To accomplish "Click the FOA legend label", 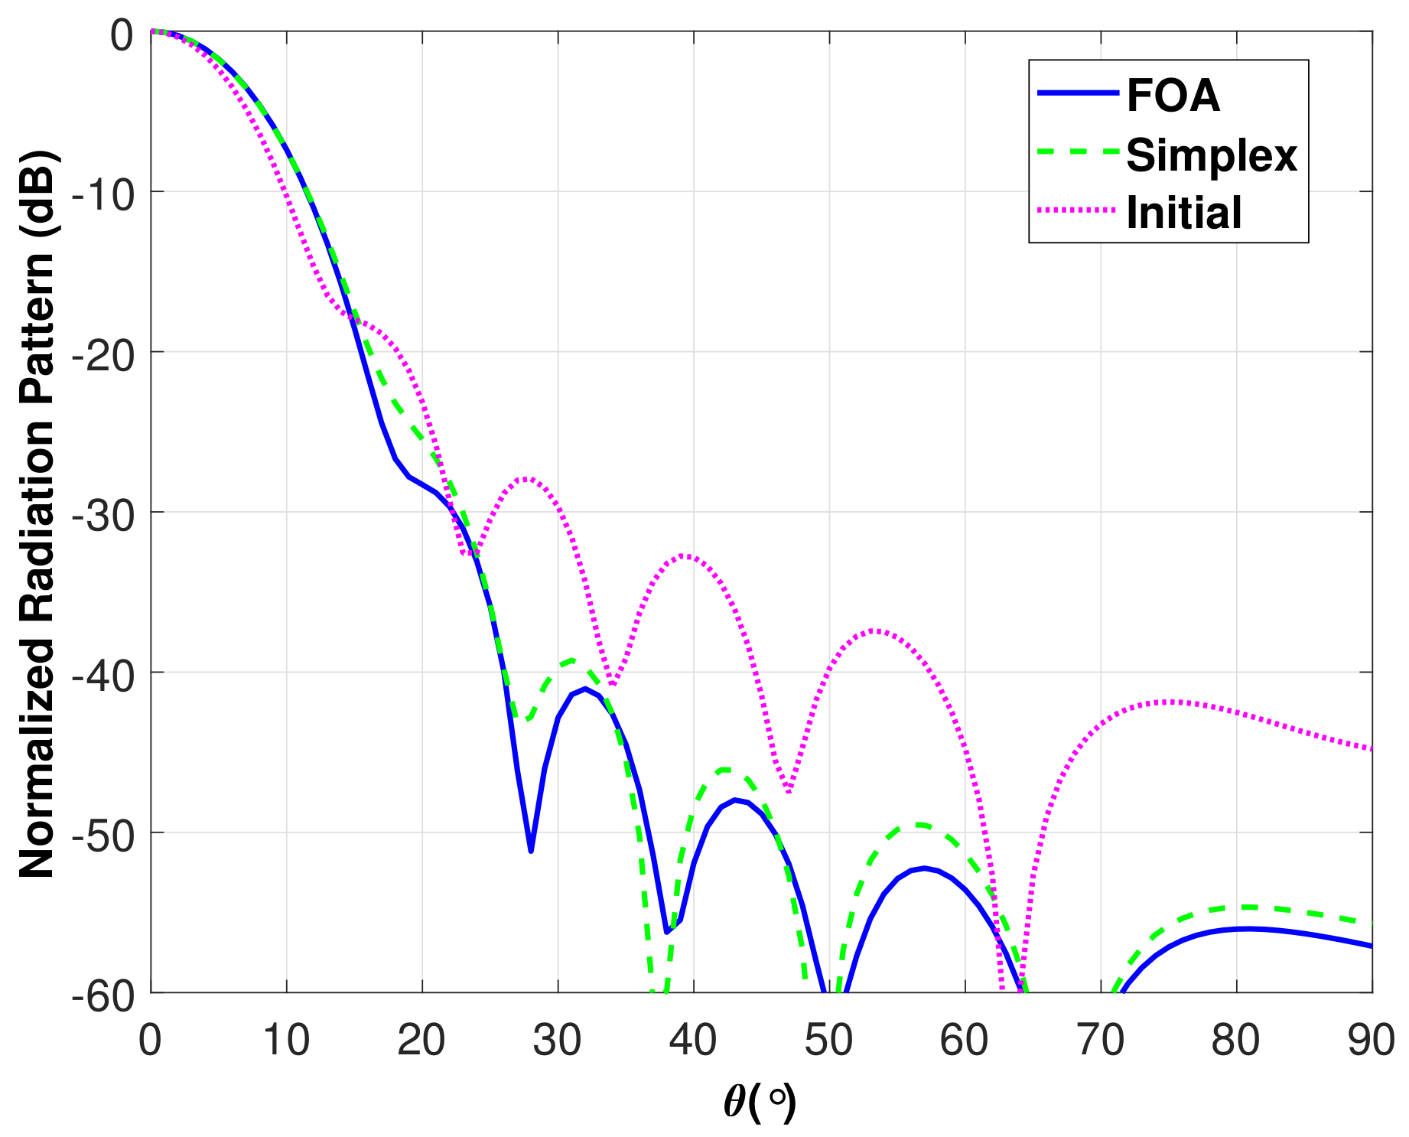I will point(1173,96).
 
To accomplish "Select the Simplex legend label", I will point(1212,155).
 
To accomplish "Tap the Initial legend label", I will point(1183,213).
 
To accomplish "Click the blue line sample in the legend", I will point(1079,93).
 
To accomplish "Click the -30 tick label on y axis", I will point(103,513).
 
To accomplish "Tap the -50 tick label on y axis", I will point(103,833).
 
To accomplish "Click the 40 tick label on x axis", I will point(693,1041).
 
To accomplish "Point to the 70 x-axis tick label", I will point(1100,1041).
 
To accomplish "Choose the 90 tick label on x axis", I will point(1371,1041).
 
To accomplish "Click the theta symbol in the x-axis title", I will point(734,1103).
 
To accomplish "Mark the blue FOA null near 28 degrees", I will point(531,851).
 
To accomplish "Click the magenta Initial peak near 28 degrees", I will point(526,478).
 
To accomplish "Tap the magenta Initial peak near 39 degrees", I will point(684,555).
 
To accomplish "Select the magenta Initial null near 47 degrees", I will point(789,791).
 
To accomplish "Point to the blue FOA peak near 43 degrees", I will point(735,800).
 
